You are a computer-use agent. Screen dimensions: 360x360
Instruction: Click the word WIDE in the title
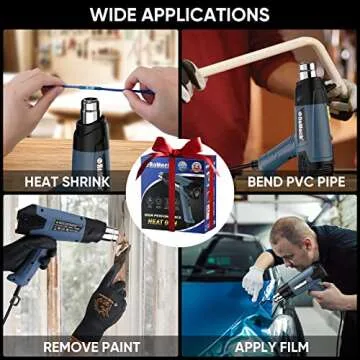tap(119, 15)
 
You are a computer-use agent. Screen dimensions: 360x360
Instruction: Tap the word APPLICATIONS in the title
tap(210, 15)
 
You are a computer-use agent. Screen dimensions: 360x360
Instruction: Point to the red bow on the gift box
tap(180, 150)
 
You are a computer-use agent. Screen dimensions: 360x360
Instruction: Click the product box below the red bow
tap(180, 200)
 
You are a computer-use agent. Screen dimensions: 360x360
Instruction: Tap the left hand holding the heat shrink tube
tap(30, 90)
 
